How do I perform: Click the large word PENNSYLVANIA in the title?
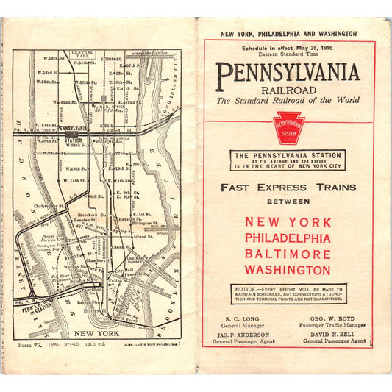288,72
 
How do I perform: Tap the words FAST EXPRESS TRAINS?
288,187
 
